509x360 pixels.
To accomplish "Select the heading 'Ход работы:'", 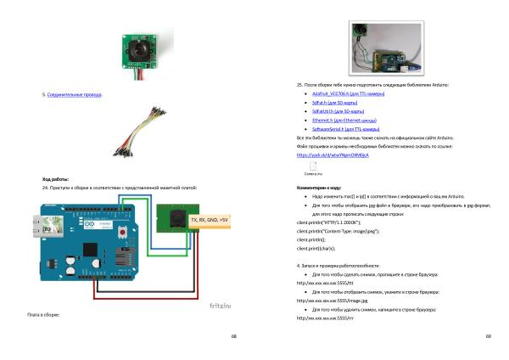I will pos(55,179).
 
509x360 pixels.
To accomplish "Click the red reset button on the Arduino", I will pos(126,233).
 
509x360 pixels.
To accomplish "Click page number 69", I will pos(488,335).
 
